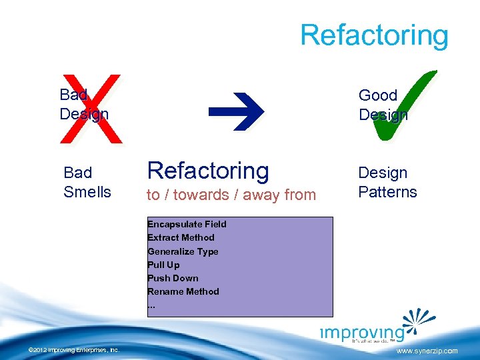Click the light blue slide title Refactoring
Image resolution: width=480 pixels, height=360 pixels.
pyautogui.click(x=374, y=35)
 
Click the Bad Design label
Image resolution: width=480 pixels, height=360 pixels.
pyautogui.click(x=83, y=105)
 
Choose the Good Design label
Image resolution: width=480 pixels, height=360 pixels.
pyautogui.click(x=383, y=105)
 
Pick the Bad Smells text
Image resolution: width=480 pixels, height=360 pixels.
pyautogui.click(x=87, y=183)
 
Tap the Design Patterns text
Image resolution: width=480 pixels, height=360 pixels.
pyautogui.click(x=387, y=183)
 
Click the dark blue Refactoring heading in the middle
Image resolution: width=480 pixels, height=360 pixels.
pyautogui.click(x=208, y=171)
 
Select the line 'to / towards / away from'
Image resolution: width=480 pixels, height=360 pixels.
pyautogui.click(x=231, y=195)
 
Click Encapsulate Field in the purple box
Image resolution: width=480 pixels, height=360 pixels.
pyautogui.click(x=187, y=225)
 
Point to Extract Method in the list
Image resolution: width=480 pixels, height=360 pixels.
pyautogui.click(x=181, y=238)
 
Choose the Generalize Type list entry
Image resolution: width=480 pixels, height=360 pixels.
pyautogui.click(x=183, y=251)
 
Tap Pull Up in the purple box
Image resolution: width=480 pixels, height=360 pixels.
pyautogui.click(x=163, y=265)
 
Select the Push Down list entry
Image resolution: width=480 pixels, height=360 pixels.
pyautogui.click(x=173, y=278)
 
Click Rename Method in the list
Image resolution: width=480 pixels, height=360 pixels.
pyautogui.click(x=183, y=291)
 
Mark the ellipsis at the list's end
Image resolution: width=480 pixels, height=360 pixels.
pyautogui.click(x=151, y=305)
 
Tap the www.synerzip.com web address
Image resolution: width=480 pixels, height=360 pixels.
pyautogui.click(x=427, y=351)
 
